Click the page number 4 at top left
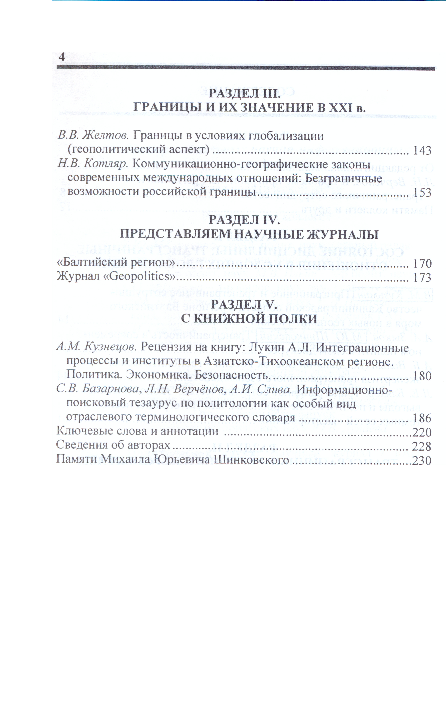(62, 57)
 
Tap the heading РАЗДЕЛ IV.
(244, 220)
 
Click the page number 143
(422, 151)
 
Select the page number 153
(422, 193)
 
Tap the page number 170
(422, 263)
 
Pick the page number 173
(422, 278)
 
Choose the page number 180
(422, 376)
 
